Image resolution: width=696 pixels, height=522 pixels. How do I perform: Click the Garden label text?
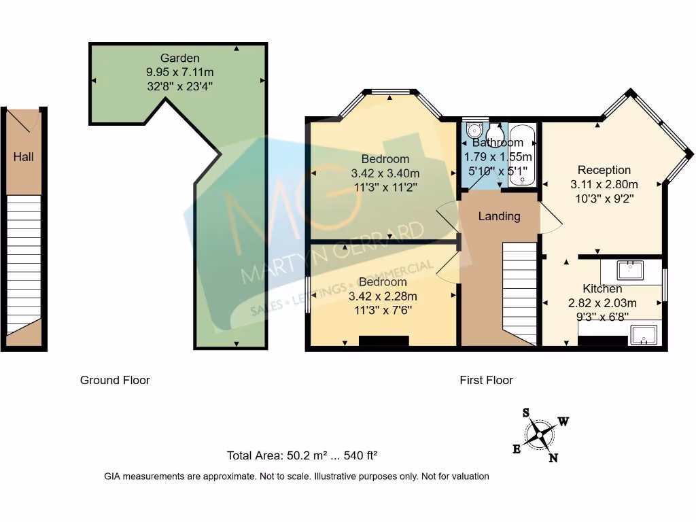(180, 58)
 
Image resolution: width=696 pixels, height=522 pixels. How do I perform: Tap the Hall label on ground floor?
(23, 157)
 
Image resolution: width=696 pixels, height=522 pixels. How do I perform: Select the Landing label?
(499, 216)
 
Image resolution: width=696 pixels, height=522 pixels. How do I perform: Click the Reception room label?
(604, 170)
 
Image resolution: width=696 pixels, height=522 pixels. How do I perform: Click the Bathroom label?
(498, 143)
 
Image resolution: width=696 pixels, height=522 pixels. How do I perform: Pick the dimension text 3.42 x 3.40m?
(385, 173)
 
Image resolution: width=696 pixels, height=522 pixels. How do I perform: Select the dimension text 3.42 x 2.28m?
(383, 296)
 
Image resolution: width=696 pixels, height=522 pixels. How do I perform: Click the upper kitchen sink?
(631, 269)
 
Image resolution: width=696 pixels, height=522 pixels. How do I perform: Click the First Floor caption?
(486, 380)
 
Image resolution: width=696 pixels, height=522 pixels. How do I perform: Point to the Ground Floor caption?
(115, 380)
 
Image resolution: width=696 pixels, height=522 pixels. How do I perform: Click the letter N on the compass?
(553, 457)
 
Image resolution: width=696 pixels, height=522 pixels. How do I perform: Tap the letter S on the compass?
(526, 413)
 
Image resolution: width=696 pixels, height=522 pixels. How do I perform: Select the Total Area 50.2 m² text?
(302, 455)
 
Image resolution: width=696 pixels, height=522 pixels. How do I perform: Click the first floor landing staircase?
(520, 292)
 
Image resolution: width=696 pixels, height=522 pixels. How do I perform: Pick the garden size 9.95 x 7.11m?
(180, 71)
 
